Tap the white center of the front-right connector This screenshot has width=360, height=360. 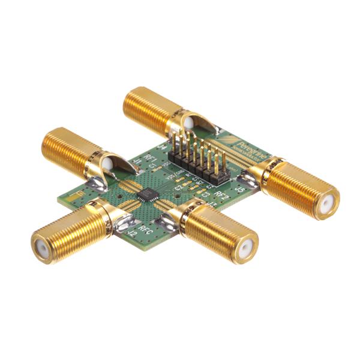[x=244, y=251]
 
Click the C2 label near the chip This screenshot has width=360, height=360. [x=178, y=188]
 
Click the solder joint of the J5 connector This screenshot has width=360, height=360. [x=248, y=178]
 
